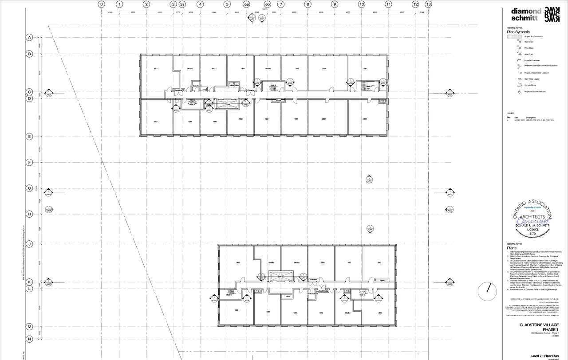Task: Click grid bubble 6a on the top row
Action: (x=247, y=4)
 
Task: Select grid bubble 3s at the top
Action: (x=182, y=4)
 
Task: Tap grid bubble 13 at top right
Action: (x=428, y=4)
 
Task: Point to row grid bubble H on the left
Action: (x=30, y=214)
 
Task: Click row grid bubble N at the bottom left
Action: (x=30, y=339)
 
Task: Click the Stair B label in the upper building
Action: (x=273, y=85)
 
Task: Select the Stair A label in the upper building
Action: (x=192, y=105)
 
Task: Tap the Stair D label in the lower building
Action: (x=229, y=295)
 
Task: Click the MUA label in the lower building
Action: (x=288, y=296)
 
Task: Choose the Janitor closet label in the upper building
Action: (x=197, y=86)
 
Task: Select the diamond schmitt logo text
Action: (x=526, y=15)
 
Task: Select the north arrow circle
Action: (x=488, y=291)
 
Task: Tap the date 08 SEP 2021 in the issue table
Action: (x=520, y=120)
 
